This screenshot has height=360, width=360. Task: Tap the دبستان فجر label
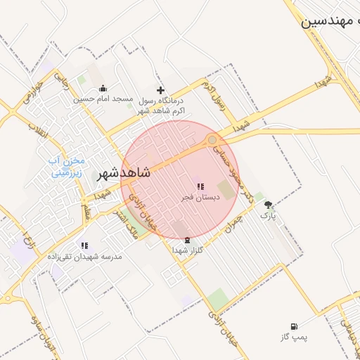pos(200,198)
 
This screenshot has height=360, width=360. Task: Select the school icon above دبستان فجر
pos(200,187)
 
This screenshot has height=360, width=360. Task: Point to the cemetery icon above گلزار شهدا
pos(186,240)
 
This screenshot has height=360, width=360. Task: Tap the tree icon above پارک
pos(268,205)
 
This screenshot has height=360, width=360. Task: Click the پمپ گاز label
pos(292,337)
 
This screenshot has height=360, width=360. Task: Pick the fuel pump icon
pos(293,327)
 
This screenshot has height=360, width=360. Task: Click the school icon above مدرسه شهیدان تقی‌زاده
pos(85,245)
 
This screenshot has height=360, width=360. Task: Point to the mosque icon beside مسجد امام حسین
pos(103,89)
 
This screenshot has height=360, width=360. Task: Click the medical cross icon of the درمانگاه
pos(161,90)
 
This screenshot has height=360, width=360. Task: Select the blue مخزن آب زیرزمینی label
pos(65,165)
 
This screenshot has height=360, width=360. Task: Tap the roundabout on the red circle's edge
pos(212,141)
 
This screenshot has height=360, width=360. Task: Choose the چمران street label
pos(240,215)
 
